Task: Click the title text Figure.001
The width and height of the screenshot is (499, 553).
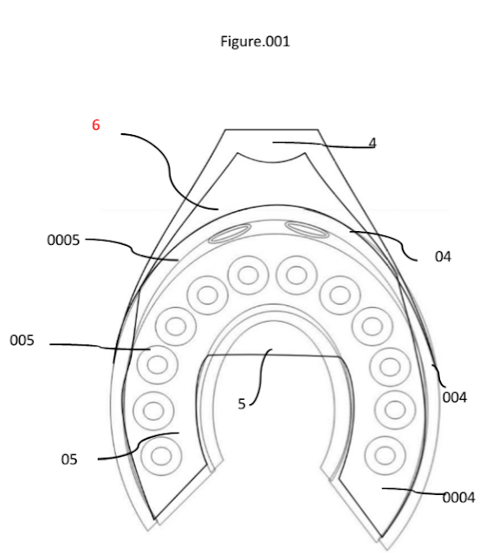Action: click(x=255, y=42)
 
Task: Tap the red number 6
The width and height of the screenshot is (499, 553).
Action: click(x=95, y=125)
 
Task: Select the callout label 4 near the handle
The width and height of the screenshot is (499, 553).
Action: click(x=373, y=143)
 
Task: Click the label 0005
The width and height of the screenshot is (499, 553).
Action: click(x=63, y=241)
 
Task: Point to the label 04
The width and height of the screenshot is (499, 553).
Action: click(x=443, y=256)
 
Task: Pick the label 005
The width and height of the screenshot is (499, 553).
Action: click(x=22, y=340)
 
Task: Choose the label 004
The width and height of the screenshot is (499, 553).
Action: click(x=455, y=397)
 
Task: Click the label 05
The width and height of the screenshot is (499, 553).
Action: click(x=68, y=460)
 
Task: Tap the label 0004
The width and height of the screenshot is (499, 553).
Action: click(x=459, y=498)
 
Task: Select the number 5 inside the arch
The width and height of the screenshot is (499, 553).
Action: click(x=242, y=404)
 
